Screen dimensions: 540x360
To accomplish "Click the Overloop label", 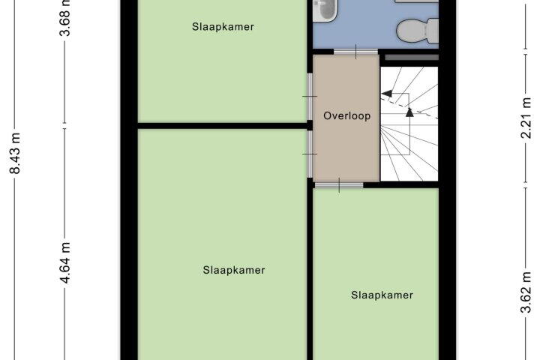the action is pyautogui.click(x=346, y=115).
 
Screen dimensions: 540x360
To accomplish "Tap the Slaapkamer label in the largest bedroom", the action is pyautogui.click(x=234, y=270).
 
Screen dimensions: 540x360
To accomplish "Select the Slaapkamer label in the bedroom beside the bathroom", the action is pyautogui.click(x=223, y=27).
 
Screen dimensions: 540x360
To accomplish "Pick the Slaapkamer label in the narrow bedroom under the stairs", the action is pyautogui.click(x=382, y=295).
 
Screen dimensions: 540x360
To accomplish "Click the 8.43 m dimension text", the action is pyautogui.click(x=16, y=153).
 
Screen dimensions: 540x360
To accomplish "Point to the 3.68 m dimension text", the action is pyautogui.click(x=64, y=17).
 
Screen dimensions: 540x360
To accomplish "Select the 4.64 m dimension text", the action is pyautogui.click(x=64, y=262).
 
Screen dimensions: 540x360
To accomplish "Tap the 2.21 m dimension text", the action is pyautogui.click(x=526, y=118).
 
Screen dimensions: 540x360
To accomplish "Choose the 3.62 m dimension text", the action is pyautogui.click(x=526, y=292).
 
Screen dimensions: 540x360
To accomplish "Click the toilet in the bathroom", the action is pyautogui.click(x=418, y=30).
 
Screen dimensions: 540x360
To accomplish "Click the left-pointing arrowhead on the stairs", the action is pyautogui.click(x=387, y=93).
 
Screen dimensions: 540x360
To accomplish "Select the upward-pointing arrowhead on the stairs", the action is pyautogui.click(x=409, y=112).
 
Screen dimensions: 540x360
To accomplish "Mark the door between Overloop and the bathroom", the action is pyautogui.click(x=355, y=52).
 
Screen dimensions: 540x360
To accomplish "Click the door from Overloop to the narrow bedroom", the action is pyautogui.click(x=339, y=185).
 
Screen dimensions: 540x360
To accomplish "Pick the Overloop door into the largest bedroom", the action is pyautogui.click(x=310, y=154).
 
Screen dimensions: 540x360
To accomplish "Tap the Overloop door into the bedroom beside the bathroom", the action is pyautogui.click(x=310, y=97).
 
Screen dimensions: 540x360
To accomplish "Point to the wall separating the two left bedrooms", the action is pyautogui.click(x=223, y=126).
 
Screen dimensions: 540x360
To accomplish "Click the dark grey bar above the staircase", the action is pyautogui.click(x=412, y=58).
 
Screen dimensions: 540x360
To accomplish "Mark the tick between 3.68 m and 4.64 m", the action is pyautogui.click(x=64, y=126).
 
